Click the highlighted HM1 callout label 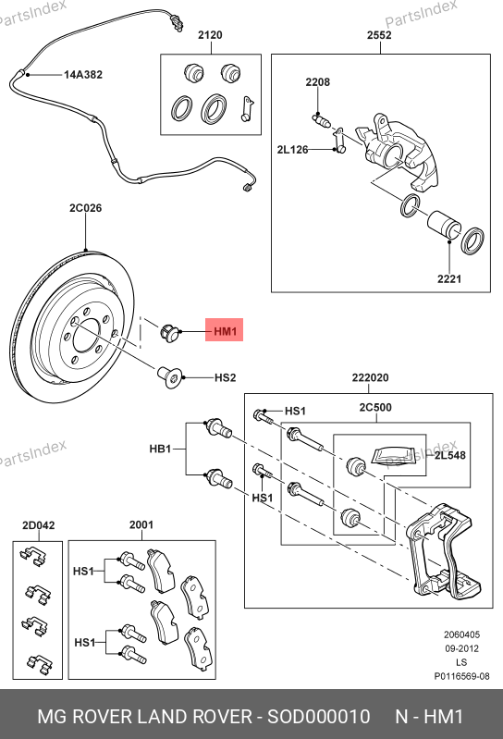225,331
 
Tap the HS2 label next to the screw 225,378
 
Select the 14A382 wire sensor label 83,75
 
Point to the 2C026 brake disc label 85,208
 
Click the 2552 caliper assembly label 380,35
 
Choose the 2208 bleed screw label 318,82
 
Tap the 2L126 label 292,150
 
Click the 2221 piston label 449,278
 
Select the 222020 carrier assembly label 370,377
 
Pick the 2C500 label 375,407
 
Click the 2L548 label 449,455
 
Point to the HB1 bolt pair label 160,449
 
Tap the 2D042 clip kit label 39,525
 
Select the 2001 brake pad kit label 141,524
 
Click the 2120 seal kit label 210,35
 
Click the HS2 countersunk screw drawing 168,377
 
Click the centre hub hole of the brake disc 87,336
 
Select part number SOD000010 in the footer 319,717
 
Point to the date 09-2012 461,648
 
